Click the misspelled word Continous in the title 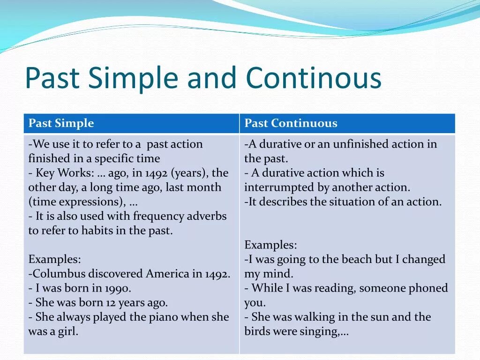pos(314,78)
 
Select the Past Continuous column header pos(291,123)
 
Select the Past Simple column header pos(61,123)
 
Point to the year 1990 pos(118,288)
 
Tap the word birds pos(259,331)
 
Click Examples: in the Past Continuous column pos(270,245)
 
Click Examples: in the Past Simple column pos(54,259)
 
